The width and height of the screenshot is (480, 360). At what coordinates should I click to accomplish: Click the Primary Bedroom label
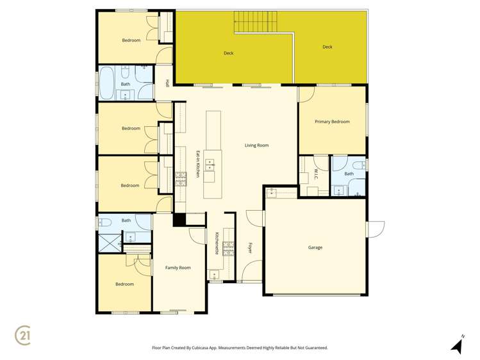coord(332,122)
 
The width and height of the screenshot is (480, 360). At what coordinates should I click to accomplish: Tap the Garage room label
coord(315,247)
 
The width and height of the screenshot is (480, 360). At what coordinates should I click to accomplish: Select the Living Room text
coord(256,145)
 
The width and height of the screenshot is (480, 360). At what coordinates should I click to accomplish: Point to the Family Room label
coord(178,268)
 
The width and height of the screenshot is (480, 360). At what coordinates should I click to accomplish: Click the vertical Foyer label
coord(250,247)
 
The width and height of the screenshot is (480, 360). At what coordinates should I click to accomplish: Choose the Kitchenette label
coord(217,243)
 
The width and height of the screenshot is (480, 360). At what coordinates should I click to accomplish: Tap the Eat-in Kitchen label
coord(198,164)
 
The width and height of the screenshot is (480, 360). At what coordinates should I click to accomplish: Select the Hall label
coord(167,83)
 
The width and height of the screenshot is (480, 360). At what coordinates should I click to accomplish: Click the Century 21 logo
coord(23,335)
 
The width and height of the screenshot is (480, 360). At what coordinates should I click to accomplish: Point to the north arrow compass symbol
coord(458,345)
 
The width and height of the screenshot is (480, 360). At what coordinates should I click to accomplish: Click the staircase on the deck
coord(255,22)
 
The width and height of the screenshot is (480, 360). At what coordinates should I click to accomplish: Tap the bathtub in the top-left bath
coord(106,84)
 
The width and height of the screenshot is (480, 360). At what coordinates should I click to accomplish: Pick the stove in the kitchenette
coord(228,248)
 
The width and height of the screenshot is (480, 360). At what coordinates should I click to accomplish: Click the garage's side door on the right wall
coord(375,229)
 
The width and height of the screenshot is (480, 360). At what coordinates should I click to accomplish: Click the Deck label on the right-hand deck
coord(327,47)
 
